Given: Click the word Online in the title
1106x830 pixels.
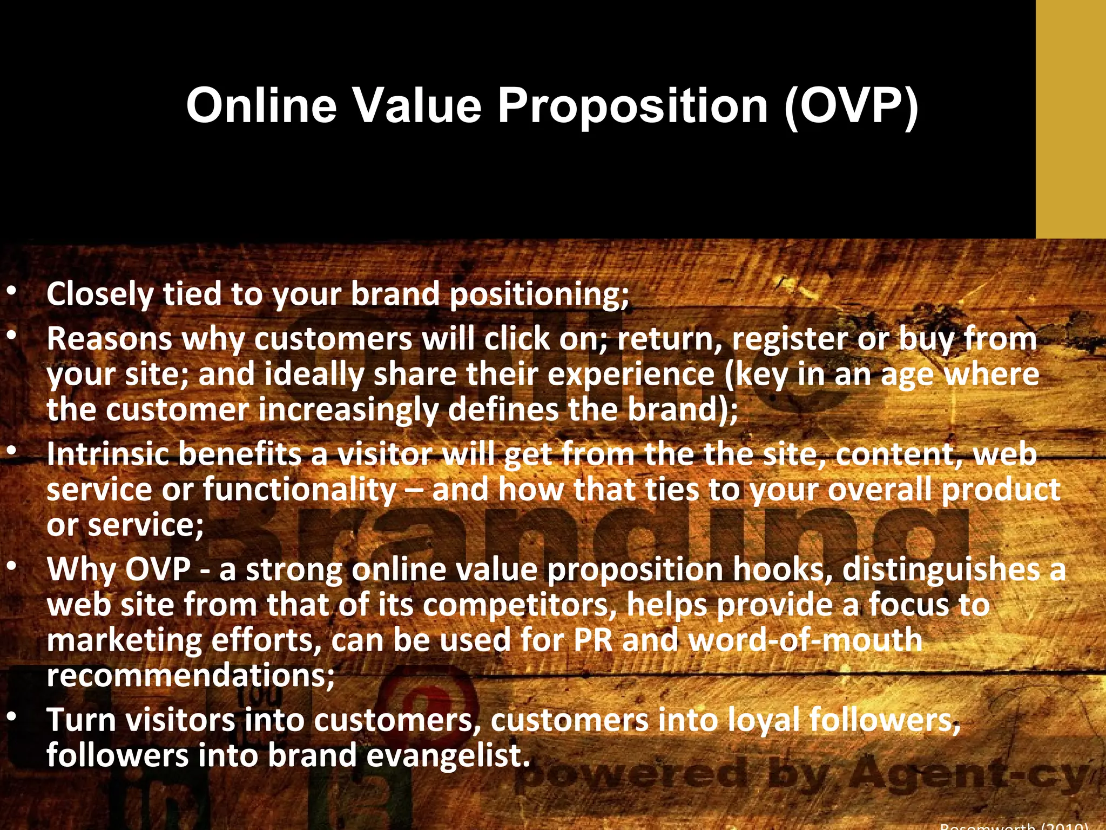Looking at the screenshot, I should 261,105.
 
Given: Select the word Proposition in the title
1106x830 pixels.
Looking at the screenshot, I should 632,105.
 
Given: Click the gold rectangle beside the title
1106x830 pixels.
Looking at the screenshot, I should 1070,119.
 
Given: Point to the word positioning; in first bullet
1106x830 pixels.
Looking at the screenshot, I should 539,295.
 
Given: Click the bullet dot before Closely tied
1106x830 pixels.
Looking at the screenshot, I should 11,292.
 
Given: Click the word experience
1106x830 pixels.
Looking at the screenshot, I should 631,374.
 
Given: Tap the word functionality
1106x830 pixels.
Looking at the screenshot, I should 300,490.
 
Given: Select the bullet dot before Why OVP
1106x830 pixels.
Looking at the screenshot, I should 11,567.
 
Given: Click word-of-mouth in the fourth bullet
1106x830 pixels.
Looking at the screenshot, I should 806,640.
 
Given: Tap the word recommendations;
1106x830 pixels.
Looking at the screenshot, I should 191,675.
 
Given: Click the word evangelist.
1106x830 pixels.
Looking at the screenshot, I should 449,755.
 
